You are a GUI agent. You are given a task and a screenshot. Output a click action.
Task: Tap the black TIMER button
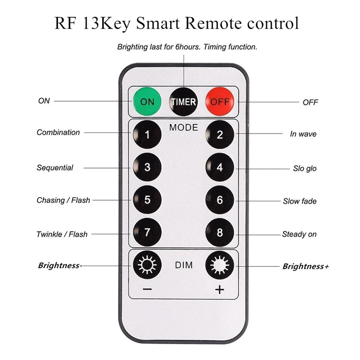(x=183, y=101)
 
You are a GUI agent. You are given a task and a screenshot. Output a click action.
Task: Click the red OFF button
(x=220, y=101)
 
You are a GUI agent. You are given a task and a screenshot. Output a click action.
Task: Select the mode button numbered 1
(x=147, y=134)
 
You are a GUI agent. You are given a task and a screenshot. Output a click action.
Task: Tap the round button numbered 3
(x=147, y=167)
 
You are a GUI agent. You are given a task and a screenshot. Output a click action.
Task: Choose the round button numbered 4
(x=220, y=167)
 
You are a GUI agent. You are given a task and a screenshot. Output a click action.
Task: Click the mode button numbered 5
(x=147, y=199)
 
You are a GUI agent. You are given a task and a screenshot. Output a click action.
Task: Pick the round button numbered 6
(x=220, y=199)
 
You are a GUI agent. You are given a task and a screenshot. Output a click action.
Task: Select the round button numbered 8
(x=220, y=233)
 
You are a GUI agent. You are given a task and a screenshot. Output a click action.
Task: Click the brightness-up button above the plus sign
(x=220, y=265)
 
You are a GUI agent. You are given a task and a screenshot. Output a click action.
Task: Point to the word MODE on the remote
(x=183, y=128)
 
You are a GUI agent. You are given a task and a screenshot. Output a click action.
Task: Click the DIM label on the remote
(x=183, y=265)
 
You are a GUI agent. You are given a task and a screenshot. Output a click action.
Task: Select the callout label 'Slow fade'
(x=299, y=201)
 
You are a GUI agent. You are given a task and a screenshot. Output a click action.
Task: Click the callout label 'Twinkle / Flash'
(x=62, y=234)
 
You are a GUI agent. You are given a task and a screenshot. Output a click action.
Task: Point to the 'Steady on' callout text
(x=299, y=234)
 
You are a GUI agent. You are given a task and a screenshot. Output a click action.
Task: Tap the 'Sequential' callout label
(x=55, y=168)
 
